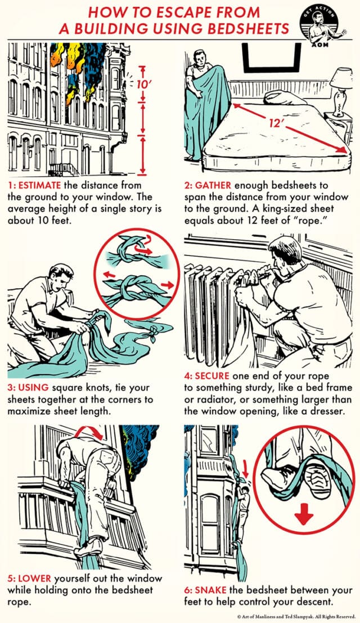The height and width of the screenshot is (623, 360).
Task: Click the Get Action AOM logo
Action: point(328,26)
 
